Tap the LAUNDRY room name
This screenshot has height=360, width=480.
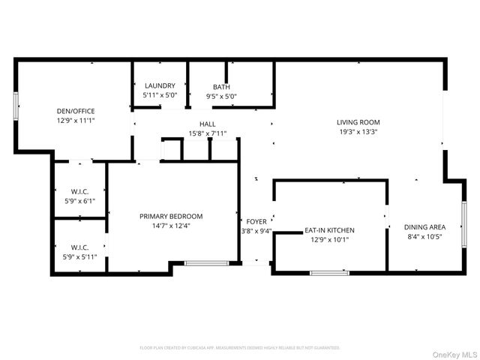pyautogui.click(x=160, y=86)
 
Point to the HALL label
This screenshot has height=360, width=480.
pyautogui.click(x=207, y=124)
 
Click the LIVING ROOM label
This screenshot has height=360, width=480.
pyautogui.click(x=358, y=122)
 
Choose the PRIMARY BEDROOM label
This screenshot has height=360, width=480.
pyautogui.click(x=171, y=216)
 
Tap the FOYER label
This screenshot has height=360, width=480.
pyautogui.click(x=256, y=221)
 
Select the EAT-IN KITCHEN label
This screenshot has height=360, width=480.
pyautogui.click(x=329, y=230)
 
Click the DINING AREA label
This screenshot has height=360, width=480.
pyautogui.click(x=424, y=227)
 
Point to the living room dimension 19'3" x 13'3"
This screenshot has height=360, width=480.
pyautogui.click(x=358, y=131)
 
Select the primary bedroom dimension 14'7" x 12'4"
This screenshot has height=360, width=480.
pyautogui.click(x=171, y=226)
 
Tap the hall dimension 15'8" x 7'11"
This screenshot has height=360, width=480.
pyautogui.click(x=207, y=134)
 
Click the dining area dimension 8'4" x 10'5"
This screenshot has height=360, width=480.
pyautogui.click(x=424, y=237)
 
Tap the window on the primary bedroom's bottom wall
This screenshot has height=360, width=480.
pyautogui.click(x=206, y=263)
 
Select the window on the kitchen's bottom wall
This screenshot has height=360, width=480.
pyautogui.click(x=329, y=272)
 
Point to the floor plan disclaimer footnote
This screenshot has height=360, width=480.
pyautogui.click(x=240, y=348)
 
